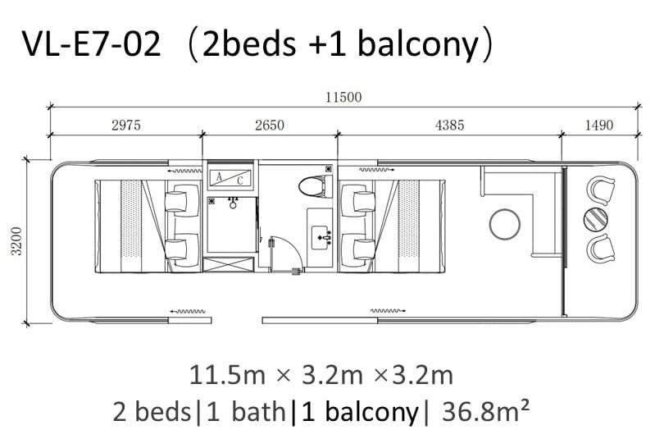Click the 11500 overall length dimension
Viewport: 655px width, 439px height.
tap(343, 98)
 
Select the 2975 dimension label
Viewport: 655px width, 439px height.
tap(126, 125)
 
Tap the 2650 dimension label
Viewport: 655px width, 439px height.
tap(270, 125)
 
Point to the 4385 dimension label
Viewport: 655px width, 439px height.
tap(449, 125)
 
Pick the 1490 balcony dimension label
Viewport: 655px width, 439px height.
tap(599, 125)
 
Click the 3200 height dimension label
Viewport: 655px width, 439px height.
tap(16, 241)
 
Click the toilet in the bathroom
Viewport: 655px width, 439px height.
tap(315, 185)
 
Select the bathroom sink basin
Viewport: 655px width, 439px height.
tap(322, 237)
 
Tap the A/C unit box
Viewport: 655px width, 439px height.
tap(230, 177)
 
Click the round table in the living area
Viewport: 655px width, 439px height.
tap(505, 224)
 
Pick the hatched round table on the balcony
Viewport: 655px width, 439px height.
tap(596, 220)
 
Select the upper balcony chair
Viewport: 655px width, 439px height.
tap(601, 190)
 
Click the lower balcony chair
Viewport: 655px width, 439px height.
tap(601, 249)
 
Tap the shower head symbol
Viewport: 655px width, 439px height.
tap(233, 203)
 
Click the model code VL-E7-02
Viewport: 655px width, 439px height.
tap(92, 44)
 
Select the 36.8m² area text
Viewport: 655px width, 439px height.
tap(486, 411)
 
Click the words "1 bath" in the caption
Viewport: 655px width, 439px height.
tap(246, 411)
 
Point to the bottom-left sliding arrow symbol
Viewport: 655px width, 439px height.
tap(187, 312)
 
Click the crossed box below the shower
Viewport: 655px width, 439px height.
tap(229, 265)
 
